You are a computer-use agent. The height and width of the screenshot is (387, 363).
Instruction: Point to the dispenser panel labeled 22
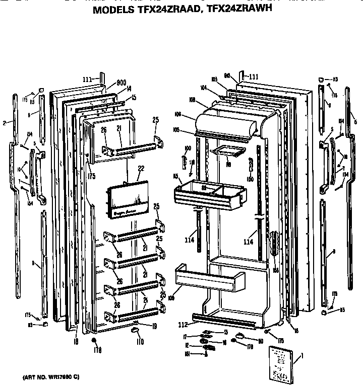pyautogui.click(x=128, y=200)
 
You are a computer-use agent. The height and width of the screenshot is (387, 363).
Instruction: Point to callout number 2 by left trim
pyautogui.click(x=4, y=122)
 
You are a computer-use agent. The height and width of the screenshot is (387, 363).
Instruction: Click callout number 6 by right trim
pyautogui.click(x=356, y=122)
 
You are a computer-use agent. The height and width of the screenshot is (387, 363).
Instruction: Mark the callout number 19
pyautogui.click(x=154, y=327)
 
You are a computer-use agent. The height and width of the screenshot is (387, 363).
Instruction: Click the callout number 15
pyautogui.click(x=134, y=97)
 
